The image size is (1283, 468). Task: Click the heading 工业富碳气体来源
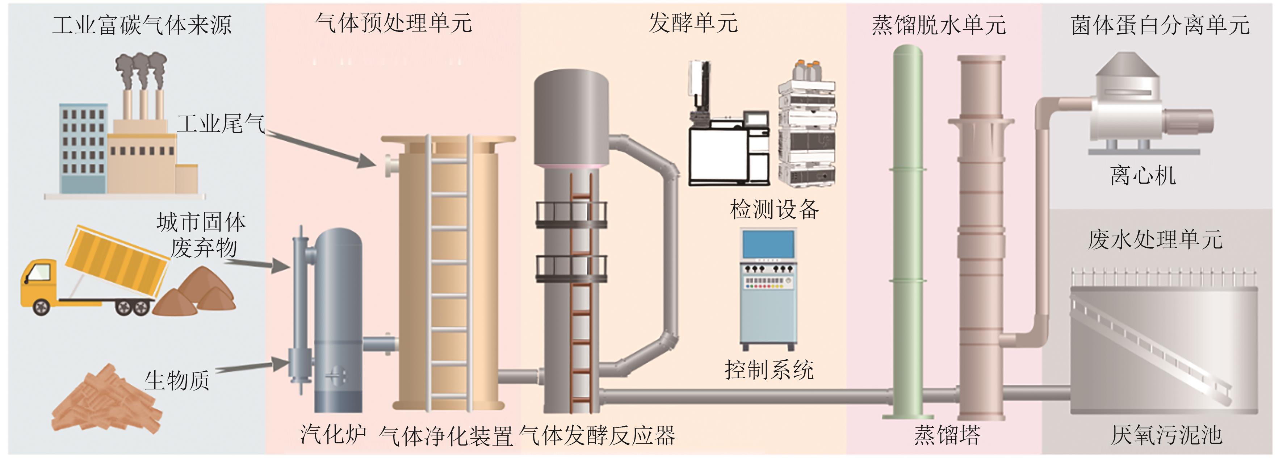point(142,25)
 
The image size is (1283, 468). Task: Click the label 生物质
point(177,381)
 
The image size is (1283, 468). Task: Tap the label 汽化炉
point(333,435)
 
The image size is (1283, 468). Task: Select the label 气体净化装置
point(446,436)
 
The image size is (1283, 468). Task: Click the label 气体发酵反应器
point(597,436)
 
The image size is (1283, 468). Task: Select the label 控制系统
point(769,370)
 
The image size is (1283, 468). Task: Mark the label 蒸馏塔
point(947,435)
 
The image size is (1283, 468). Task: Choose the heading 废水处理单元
point(1154,240)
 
